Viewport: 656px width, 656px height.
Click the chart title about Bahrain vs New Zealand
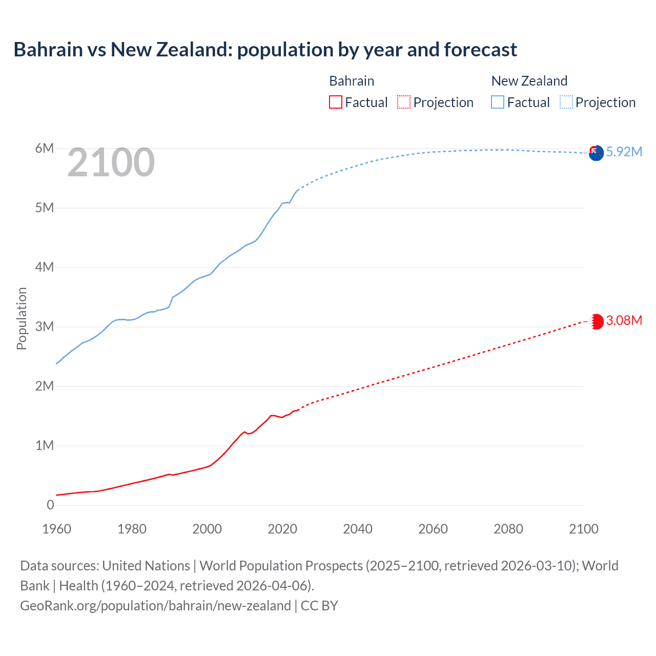265,50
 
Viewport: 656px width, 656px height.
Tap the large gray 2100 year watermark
111,162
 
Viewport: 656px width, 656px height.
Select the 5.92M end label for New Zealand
624,152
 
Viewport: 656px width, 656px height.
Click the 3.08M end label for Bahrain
624,320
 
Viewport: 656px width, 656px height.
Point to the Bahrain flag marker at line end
596,321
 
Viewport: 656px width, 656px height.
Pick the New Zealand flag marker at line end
596,153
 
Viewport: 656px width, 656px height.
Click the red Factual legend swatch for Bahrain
335,102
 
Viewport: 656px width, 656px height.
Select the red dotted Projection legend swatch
404,102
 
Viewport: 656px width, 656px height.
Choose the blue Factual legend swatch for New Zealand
498,102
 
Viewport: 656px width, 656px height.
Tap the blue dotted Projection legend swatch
566,102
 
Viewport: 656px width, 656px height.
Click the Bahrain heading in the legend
352,81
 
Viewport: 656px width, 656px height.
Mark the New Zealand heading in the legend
529,81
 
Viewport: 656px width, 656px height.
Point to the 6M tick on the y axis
44,149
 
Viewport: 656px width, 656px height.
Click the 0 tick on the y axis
50,505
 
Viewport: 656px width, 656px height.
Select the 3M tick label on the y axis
44,326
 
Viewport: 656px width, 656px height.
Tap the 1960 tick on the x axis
56,529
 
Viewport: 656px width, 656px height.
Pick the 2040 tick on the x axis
358,529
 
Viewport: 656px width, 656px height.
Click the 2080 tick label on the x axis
508,529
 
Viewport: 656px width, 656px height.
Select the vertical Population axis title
22,318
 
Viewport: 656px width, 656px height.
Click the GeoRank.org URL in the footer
155,606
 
